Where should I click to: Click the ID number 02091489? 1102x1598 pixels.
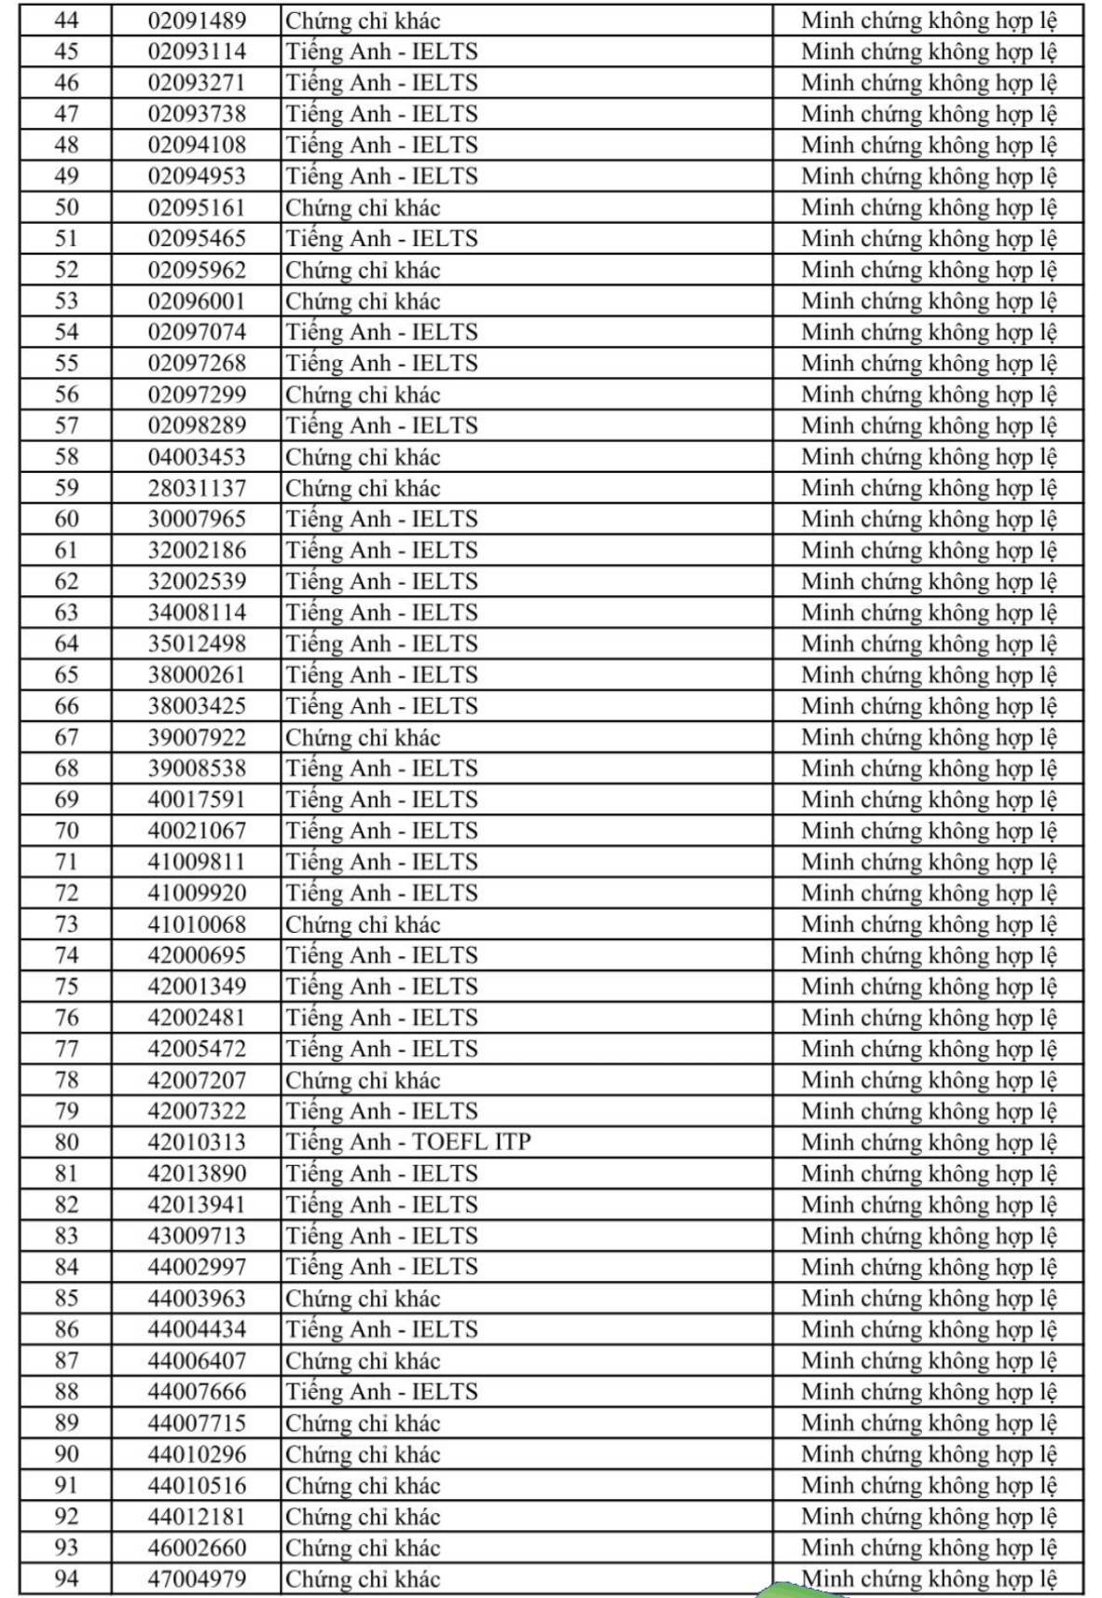point(197,21)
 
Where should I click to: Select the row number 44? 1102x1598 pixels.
point(66,21)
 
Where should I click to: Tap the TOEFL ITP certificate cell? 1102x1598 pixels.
point(408,1142)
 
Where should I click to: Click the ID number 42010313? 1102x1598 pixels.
point(197,1142)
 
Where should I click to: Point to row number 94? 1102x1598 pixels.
point(66,1578)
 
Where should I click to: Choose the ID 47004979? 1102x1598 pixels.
point(197,1578)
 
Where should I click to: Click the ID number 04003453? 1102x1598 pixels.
point(197,457)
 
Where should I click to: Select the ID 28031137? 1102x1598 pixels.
point(197,488)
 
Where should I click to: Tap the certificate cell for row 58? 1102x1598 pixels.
point(363,457)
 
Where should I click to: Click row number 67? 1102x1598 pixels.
point(66,737)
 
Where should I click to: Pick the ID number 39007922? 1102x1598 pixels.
point(197,737)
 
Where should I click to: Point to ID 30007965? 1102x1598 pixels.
point(197,519)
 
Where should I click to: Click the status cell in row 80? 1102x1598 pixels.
point(929,1142)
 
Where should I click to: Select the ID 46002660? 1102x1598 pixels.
point(197,1548)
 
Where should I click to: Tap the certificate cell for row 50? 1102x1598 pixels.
point(363,207)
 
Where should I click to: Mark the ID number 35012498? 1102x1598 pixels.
point(197,644)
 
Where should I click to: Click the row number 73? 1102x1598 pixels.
point(66,924)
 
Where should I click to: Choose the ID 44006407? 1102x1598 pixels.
point(197,1360)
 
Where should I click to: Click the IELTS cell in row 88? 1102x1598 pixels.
point(381,1391)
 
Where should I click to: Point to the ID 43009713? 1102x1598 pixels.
point(197,1235)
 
